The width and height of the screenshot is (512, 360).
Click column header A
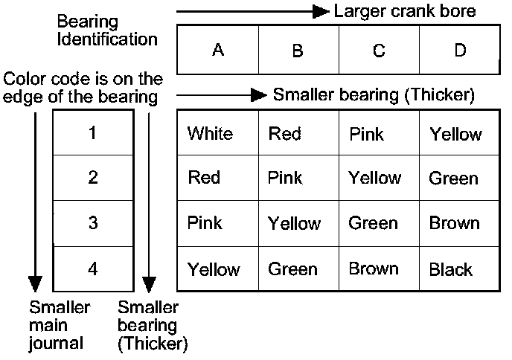point(218,50)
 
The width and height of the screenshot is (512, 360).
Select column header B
point(298,51)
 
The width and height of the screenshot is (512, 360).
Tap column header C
point(379,51)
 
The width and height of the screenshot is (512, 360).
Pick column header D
point(460,51)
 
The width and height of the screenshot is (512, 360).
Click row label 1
point(92,133)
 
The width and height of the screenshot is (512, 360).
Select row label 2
point(92,177)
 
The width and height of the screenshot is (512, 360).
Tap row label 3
point(92,223)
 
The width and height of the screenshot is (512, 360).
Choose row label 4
point(92,269)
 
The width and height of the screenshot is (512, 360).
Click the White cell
point(210,134)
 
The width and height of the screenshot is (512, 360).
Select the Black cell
point(450,269)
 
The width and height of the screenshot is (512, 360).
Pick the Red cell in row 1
point(284,134)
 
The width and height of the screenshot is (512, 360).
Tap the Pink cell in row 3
point(205,223)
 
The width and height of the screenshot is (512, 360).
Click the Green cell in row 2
point(453,179)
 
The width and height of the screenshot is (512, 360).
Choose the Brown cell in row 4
point(374,269)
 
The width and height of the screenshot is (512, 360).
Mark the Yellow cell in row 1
point(455,135)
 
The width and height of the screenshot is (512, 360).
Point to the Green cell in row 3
point(374,223)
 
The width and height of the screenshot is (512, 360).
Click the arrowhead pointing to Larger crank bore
point(320,11)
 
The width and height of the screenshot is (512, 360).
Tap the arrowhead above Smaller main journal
point(35,284)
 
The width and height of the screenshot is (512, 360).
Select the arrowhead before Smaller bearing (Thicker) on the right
point(258,95)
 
